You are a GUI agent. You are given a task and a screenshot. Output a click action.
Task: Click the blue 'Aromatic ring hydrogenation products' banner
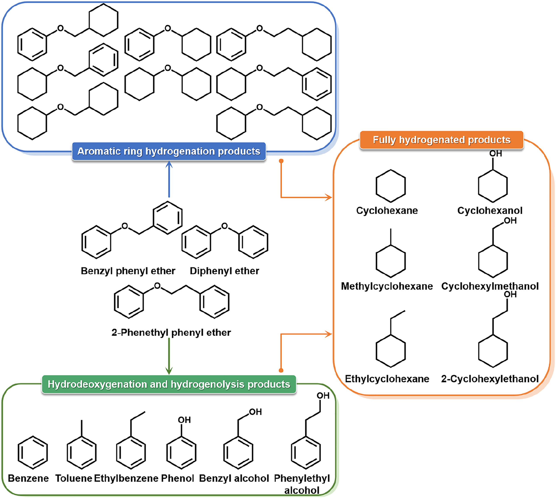[x=169, y=151]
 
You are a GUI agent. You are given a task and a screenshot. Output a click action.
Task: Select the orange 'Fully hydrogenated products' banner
[x=441, y=140]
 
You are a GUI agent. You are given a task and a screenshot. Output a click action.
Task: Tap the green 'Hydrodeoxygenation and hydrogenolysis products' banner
[x=169, y=384]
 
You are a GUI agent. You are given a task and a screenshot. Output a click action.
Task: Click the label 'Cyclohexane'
[x=387, y=211]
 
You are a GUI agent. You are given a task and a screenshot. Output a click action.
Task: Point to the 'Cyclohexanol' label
[x=490, y=211]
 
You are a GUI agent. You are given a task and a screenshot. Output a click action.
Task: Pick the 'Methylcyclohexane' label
[x=387, y=286]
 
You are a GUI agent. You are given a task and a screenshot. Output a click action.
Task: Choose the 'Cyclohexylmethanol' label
[x=490, y=286]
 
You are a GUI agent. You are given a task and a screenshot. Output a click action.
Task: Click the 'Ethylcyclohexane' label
[x=387, y=379]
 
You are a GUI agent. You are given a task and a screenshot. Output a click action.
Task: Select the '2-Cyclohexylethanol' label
[x=490, y=379]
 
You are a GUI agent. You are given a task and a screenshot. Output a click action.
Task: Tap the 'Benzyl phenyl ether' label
[x=128, y=271]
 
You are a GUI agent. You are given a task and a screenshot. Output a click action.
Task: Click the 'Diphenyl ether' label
[x=224, y=271]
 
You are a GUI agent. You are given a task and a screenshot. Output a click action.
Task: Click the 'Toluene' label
[x=74, y=478]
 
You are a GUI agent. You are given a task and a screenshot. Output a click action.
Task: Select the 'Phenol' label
[x=177, y=478]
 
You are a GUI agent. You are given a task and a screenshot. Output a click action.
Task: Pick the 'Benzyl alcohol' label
[x=234, y=478]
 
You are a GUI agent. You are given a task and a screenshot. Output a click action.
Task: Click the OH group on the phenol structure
[x=184, y=420]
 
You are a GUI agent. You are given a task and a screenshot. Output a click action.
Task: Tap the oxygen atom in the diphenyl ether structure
[x=224, y=226]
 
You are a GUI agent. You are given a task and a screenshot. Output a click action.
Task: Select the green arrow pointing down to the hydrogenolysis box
[x=169, y=356]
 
